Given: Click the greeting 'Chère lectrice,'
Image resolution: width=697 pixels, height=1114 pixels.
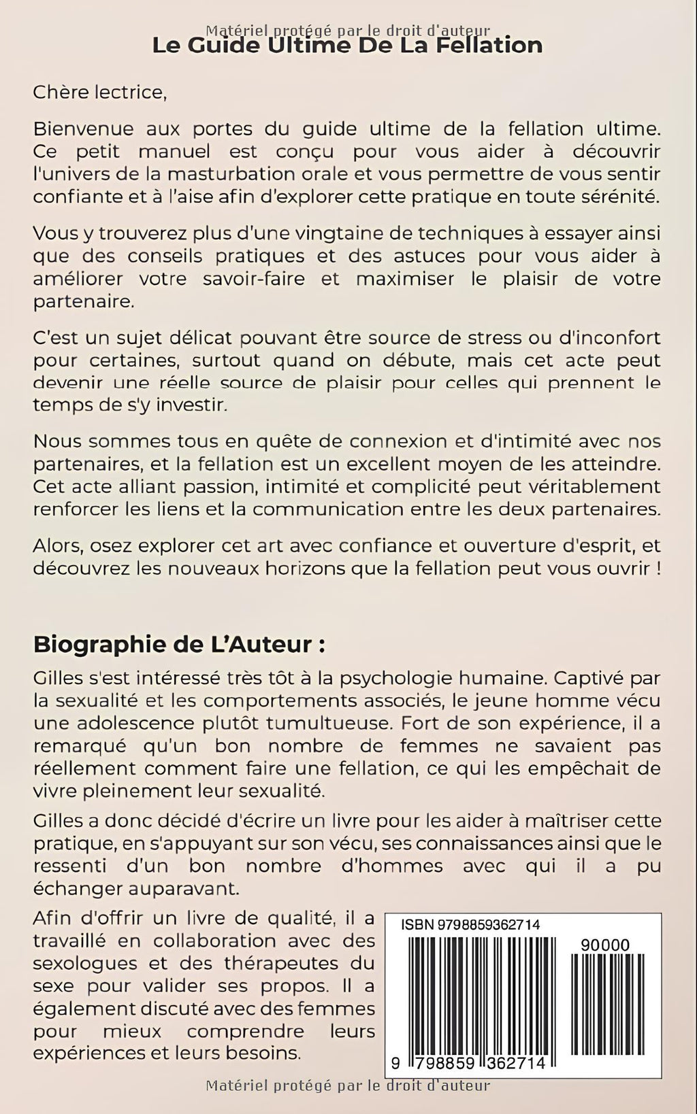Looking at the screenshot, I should click(99, 92).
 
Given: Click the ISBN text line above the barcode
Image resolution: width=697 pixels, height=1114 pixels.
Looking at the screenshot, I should click(470, 925).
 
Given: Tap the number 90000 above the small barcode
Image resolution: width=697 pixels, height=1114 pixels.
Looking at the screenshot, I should click(606, 945).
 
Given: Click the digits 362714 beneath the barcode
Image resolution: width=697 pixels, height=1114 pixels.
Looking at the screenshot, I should click(512, 1062).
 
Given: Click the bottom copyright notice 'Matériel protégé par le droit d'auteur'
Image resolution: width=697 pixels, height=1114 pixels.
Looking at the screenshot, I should click(348, 1085).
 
